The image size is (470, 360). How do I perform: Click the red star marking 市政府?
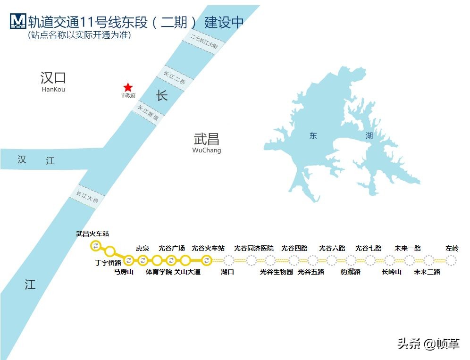(128, 87)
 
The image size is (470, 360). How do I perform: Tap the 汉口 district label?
(53, 78)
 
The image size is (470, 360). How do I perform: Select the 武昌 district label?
(207, 139)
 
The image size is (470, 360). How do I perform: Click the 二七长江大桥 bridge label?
(204, 42)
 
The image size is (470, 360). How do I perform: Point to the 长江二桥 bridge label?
(174, 77)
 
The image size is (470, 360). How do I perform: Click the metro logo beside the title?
(17, 21)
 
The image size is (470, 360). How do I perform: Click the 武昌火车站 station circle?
(96, 245)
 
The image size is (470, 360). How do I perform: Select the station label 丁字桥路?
(108, 262)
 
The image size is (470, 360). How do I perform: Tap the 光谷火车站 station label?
(208, 248)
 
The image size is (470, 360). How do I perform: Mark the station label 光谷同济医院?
(254, 248)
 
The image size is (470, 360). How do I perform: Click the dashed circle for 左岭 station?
(451, 260)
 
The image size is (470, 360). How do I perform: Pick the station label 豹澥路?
(351, 272)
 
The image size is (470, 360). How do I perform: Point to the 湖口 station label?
(227, 272)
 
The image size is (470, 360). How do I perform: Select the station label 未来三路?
(427, 272)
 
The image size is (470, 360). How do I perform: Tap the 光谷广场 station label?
(172, 248)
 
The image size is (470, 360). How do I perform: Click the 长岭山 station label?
(392, 272)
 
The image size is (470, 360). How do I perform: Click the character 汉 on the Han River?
(22, 159)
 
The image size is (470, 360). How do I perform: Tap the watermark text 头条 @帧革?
(428, 343)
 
